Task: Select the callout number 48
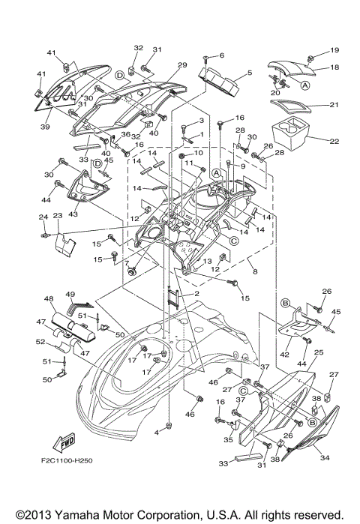point(50,299)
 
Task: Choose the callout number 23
point(57,214)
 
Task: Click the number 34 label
point(325,458)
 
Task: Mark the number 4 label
point(157,433)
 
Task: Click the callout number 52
point(41,342)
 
